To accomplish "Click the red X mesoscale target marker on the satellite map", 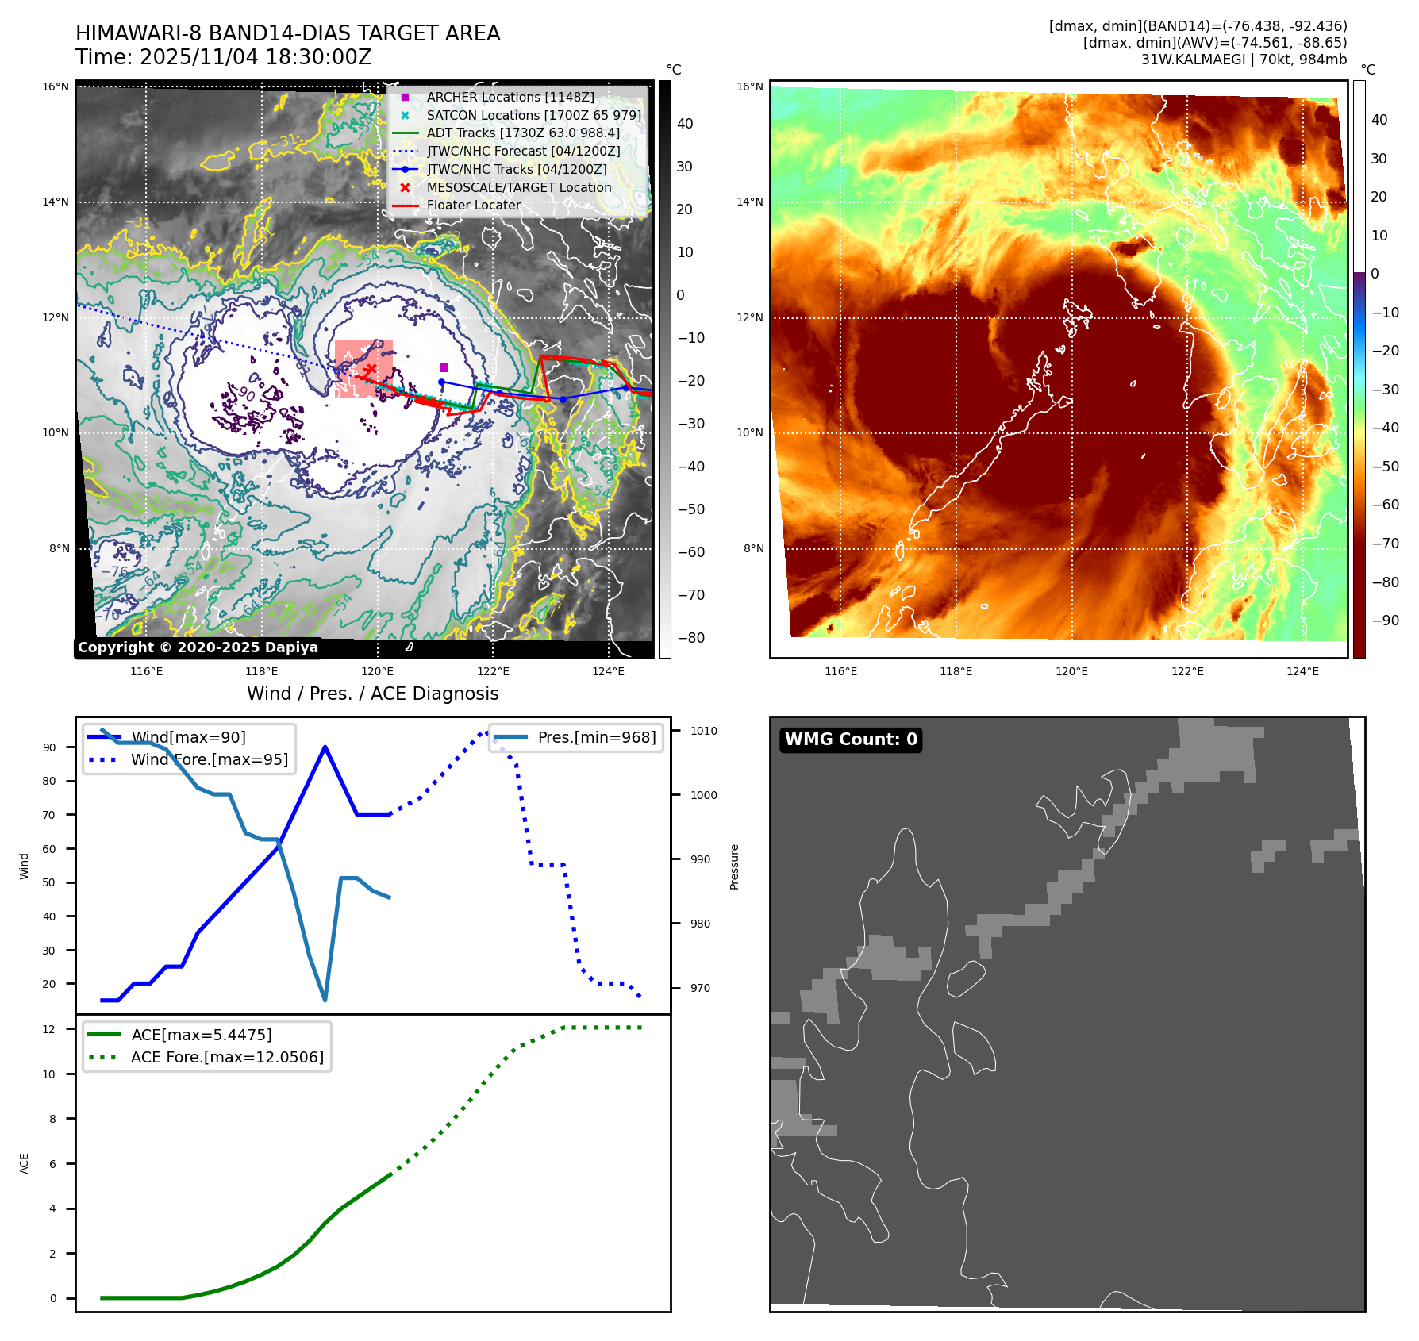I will pos(369,369).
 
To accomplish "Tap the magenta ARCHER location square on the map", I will pos(444,367).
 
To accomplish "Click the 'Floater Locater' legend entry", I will pos(473,205).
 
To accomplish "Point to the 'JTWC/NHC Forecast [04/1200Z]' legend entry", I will pos(523,151).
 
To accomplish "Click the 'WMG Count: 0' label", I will pos(851,740).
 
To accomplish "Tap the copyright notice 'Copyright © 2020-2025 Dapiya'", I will pos(198,647).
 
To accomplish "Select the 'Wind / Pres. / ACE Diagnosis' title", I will pos(372,694).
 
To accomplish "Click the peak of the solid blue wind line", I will pos(325,747).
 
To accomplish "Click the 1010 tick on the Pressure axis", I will pos(703,731).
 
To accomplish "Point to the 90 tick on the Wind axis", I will pos(50,747).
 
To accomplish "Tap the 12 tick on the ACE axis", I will pos(49,1029).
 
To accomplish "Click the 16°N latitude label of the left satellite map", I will pos(56,86).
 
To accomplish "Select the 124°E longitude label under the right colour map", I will pos(1302,671).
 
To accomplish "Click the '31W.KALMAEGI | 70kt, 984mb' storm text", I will pos(1244,60).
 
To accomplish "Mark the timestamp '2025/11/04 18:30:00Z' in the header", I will pos(256,57).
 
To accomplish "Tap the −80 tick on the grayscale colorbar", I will pos(690,638).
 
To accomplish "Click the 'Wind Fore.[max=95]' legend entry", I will pos(209,759).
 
